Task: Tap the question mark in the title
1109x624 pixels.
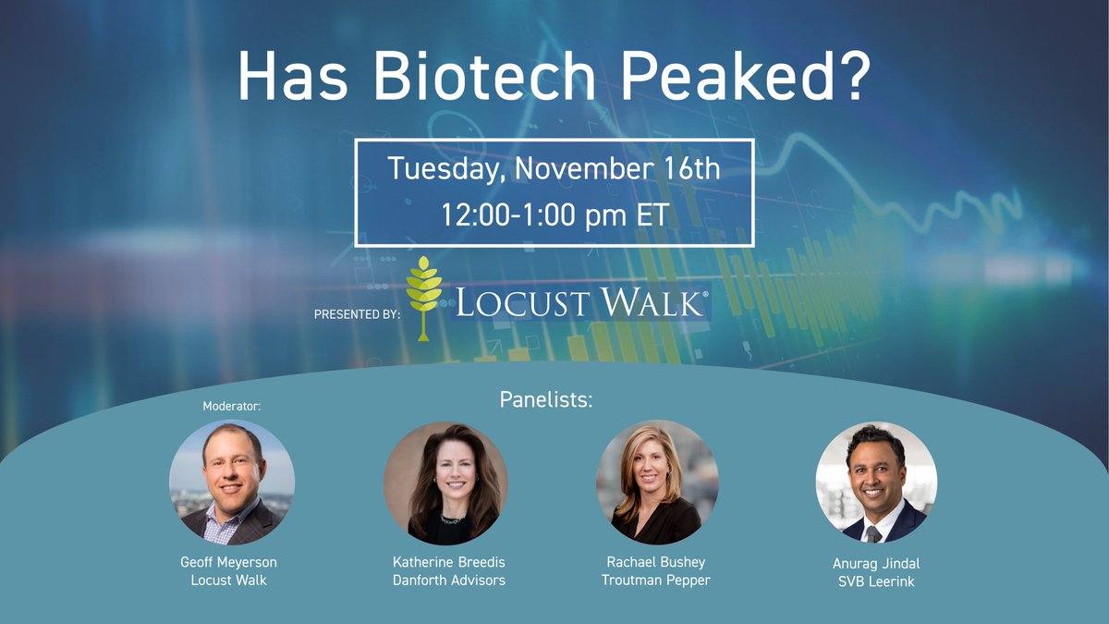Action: (x=847, y=78)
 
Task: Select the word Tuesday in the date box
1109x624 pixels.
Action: (x=446, y=169)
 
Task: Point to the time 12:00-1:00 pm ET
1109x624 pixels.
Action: (x=554, y=215)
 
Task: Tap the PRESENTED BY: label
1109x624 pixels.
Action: (x=357, y=314)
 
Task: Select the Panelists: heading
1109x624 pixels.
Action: (x=545, y=400)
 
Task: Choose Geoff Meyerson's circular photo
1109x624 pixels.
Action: (x=232, y=483)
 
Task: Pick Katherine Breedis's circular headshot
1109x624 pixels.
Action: (x=445, y=483)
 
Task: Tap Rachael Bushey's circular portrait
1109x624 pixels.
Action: (x=657, y=483)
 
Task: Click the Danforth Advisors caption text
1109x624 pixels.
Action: (x=449, y=580)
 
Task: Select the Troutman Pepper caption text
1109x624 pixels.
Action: (x=656, y=580)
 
